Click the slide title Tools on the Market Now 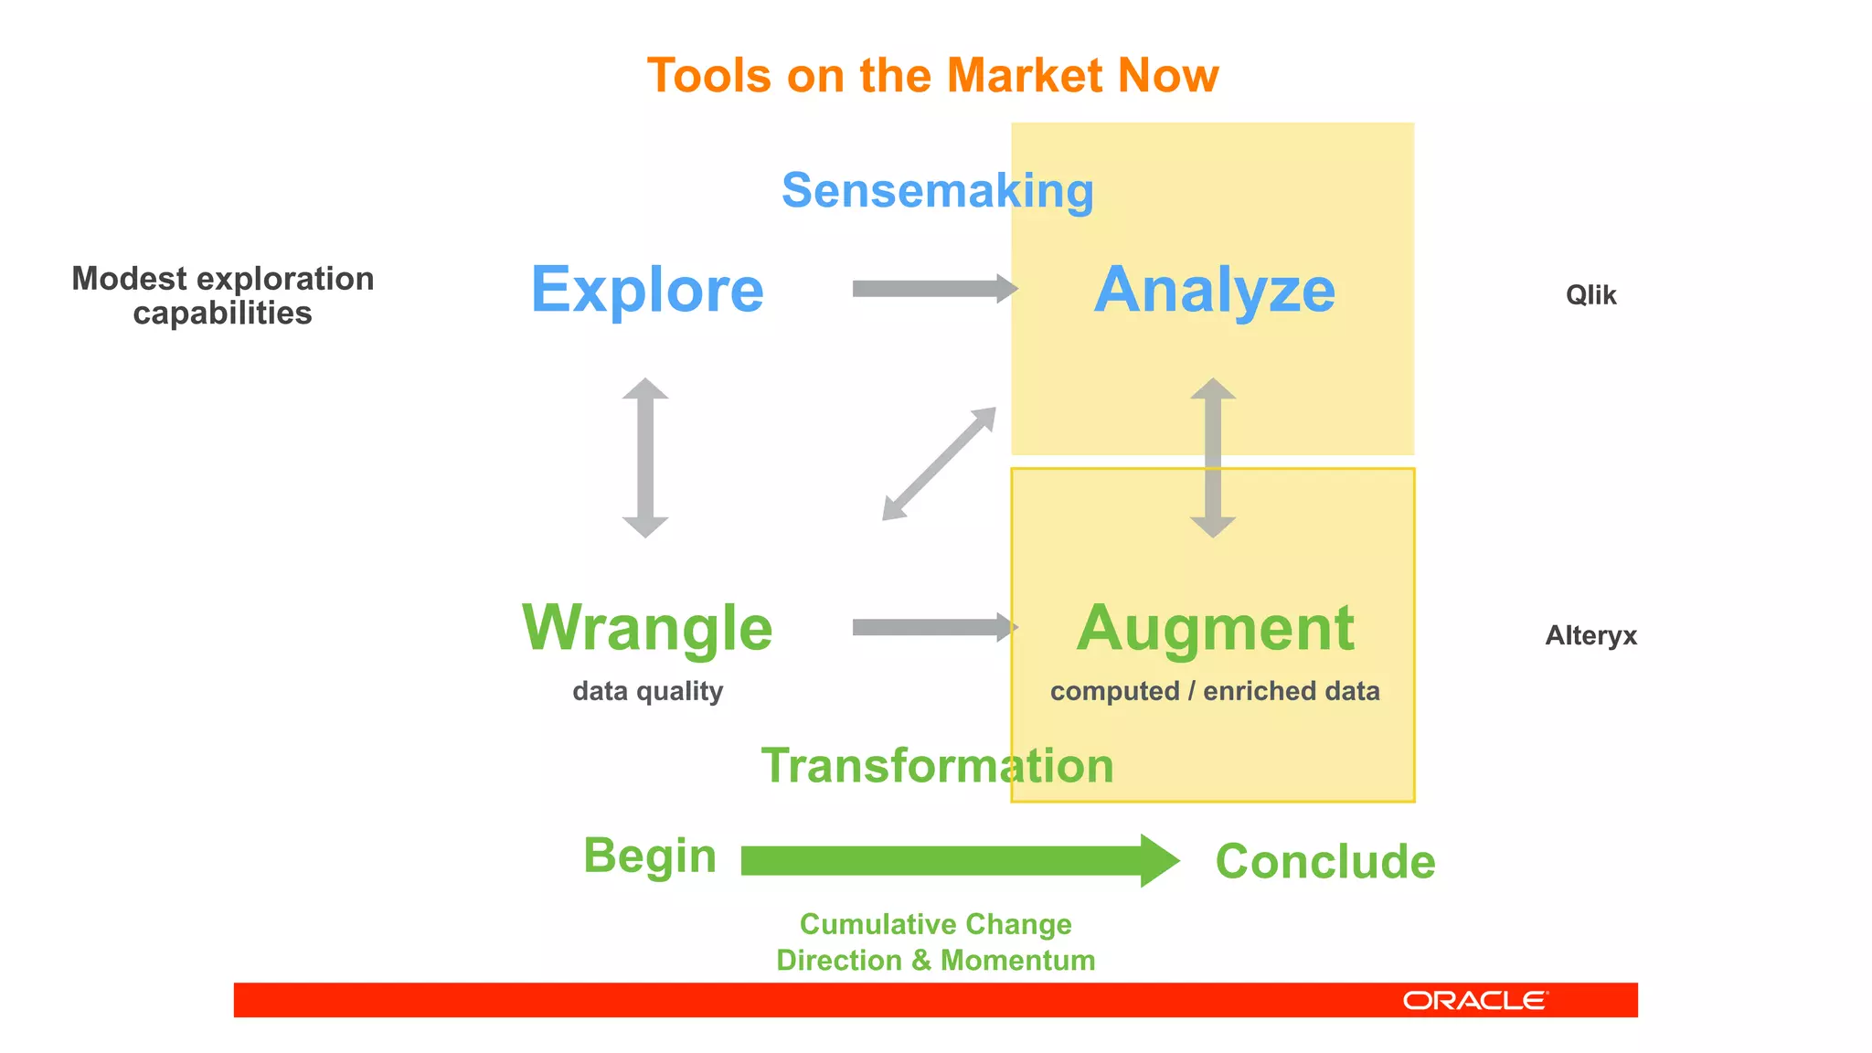tap(932, 75)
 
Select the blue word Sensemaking tap(937, 191)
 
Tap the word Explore tap(647, 290)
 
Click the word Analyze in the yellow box tap(1214, 290)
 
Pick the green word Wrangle tap(647, 628)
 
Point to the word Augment tap(1214, 628)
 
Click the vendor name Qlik tap(1590, 295)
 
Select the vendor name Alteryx tap(1590, 635)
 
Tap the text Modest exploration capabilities tap(222, 295)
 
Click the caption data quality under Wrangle tap(647, 691)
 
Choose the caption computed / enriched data tap(1214, 691)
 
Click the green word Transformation tap(937, 766)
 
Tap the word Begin tap(649, 856)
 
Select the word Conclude tap(1324, 861)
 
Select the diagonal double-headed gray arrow tap(939, 464)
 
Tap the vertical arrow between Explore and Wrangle tap(645, 457)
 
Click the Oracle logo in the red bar tap(1474, 1000)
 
